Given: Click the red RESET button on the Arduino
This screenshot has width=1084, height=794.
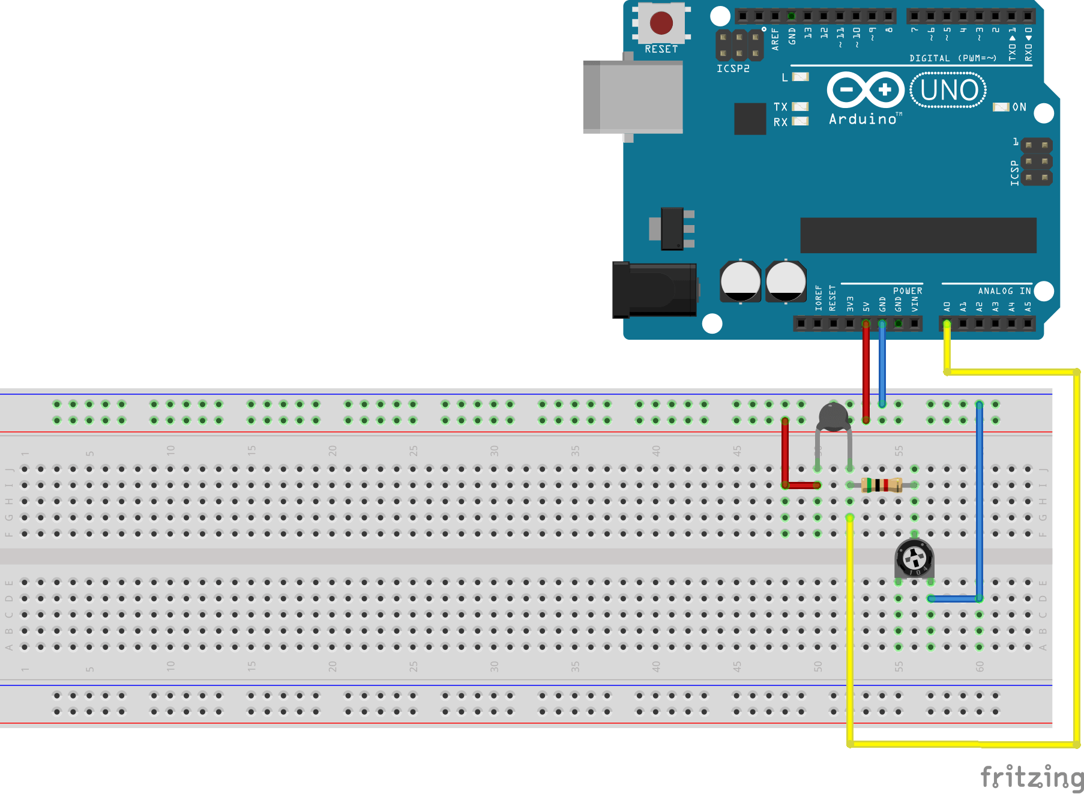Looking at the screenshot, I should [x=661, y=23].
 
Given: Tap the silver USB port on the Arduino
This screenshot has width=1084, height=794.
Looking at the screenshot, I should [x=633, y=97].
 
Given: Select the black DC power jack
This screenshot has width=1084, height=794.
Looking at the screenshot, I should [x=654, y=290].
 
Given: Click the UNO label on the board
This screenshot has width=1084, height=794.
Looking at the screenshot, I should [x=949, y=91].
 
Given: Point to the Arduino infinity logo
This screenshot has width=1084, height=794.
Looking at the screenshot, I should [x=866, y=90].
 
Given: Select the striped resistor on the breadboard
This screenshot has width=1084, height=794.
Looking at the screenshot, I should [x=882, y=485].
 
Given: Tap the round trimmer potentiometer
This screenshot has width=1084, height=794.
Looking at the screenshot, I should [x=914, y=558].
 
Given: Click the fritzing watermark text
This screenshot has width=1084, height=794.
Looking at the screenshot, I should [x=1031, y=777].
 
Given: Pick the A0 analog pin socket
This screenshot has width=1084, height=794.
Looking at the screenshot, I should [x=947, y=324].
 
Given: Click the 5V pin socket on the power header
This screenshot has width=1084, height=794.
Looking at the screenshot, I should [x=866, y=324].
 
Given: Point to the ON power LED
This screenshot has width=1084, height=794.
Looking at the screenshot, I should [x=1001, y=107].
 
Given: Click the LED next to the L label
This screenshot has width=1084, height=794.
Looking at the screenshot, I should [x=801, y=77].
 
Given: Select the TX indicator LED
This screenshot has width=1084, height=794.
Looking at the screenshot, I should [x=800, y=106].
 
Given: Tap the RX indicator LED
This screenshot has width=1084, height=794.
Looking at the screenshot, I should [x=800, y=121].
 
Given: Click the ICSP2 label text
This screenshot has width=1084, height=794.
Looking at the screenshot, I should [x=733, y=68].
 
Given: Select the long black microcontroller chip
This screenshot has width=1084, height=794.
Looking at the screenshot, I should [x=918, y=235].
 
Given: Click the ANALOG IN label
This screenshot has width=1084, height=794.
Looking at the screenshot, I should [x=1004, y=291].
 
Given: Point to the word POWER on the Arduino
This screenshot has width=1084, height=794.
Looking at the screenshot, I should [x=908, y=291].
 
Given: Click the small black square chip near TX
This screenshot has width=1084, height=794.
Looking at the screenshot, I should [x=750, y=118].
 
